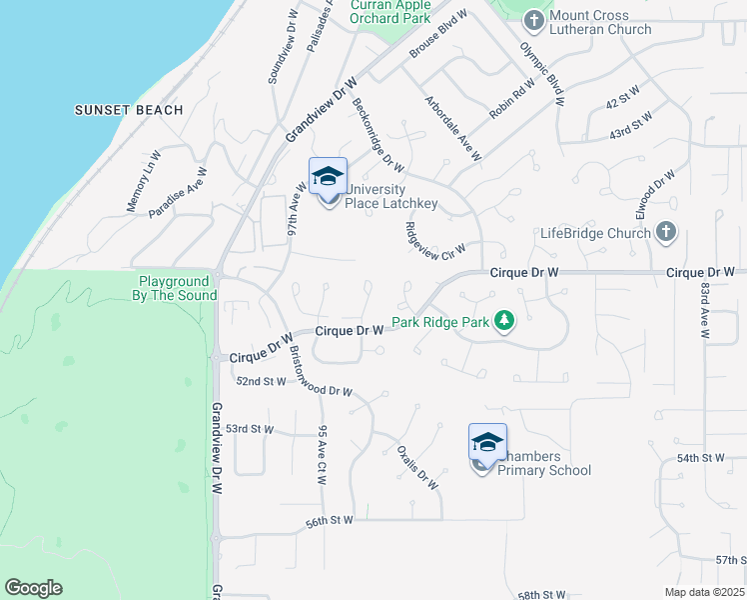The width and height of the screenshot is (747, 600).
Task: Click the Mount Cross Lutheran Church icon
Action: pyautogui.click(x=533, y=20)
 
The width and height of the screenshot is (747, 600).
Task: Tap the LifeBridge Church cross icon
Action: pyautogui.click(x=666, y=233)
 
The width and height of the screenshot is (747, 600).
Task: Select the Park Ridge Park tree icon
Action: pyautogui.click(x=505, y=321)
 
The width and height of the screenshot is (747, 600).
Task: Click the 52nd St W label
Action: pyautogui.click(x=261, y=381)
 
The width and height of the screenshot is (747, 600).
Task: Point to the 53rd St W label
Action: pyautogui.click(x=249, y=428)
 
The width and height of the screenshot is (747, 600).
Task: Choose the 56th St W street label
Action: pyautogui.click(x=331, y=521)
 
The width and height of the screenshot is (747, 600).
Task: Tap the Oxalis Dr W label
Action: pyautogui.click(x=417, y=466)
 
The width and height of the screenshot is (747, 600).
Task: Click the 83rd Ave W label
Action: pyautogui.click(x=705, y=310)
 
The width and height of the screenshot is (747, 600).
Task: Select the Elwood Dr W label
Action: pyautogui.click(x=657, y=196)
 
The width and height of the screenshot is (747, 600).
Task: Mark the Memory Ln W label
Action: pyautogui.click(x=144, y=181)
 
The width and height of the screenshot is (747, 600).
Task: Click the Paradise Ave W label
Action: pyautogui.click(x=177, y=192)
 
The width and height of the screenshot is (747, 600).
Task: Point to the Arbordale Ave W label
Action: pyautogui.click(x=453, y=129)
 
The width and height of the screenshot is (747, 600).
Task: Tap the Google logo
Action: pyautogui.click(x=33, y=588)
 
